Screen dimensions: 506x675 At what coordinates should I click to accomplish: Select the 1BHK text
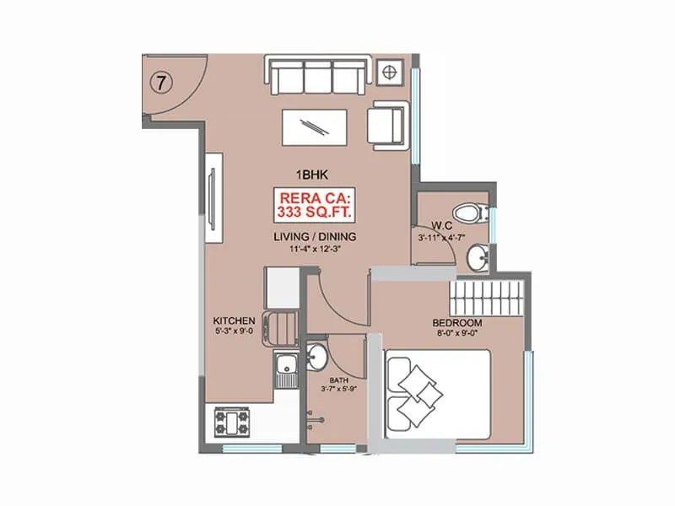310,175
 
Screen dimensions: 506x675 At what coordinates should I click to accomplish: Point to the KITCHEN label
234,321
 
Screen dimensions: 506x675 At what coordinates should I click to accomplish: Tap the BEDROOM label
456,323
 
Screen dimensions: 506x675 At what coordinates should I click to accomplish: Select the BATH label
338,381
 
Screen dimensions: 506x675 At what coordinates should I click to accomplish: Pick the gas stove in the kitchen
232,419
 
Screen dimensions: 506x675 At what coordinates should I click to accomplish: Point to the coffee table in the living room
314,127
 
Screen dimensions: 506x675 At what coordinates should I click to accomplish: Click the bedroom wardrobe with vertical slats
489,299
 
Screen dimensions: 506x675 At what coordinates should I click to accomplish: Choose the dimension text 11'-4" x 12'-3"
314,249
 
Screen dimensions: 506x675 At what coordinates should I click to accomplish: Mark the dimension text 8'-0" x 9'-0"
456,334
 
